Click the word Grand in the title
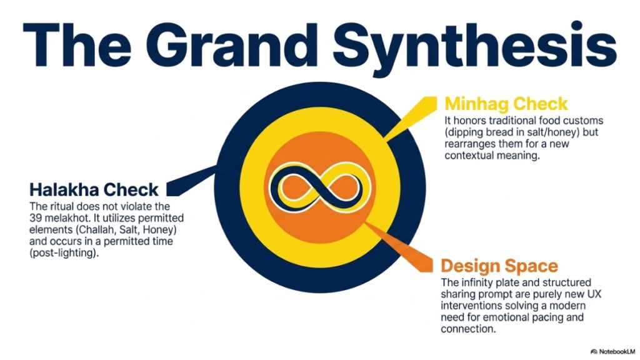(x=236, y=45)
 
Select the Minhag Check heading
(x=506, y=104)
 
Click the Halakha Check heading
(x=94, y=190)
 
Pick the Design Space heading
(x=499, y=266)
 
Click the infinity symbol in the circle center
(x=320, y=187)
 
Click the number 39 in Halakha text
(x=35, y=218)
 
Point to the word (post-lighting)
(x=64, y=254)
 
